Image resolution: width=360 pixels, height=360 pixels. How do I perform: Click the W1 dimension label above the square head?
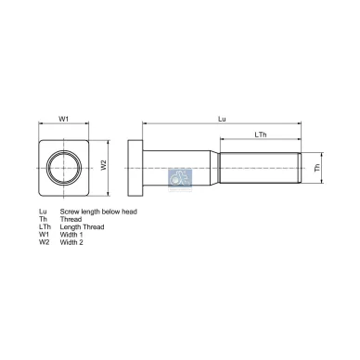pyautogui.click(x=64, y=119)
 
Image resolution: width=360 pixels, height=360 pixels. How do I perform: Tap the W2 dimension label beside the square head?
pyautogui.click(x=105, y=166)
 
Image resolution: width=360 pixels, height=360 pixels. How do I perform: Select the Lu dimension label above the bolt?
pyautogui.click(x=221, y=119)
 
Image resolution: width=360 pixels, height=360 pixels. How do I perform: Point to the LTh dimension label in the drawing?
pyautogui.click(x=263, y=136)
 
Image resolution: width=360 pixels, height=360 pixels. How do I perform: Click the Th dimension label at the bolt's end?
pyautogui.click(x=315, y=167)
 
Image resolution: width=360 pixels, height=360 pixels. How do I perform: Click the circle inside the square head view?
pyautogui.click(x=67, y=168)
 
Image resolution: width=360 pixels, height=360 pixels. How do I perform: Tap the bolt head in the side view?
pyautogui.click(x=135, y=168)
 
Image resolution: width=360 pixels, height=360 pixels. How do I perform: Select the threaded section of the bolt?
pyautogui.click(x=261, y=168)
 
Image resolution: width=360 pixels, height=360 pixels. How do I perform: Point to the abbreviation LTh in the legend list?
pyautogui.click(x=45, y=227)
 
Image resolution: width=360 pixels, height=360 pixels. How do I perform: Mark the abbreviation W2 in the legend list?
pyautogui.click(x=44, y=242)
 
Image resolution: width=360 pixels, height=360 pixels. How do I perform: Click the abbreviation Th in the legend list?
pyautogui.click(x=43, y=220)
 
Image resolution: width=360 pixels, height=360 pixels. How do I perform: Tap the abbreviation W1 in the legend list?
pyautogui.click(x=44, y=235)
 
